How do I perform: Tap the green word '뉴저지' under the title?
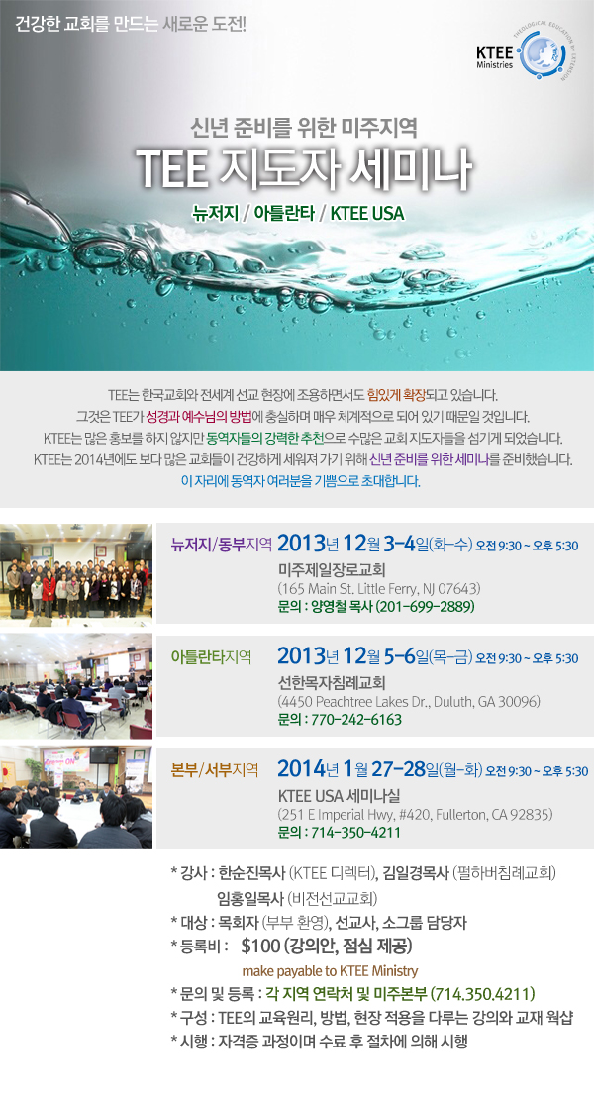216,213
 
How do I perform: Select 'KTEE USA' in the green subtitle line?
367,213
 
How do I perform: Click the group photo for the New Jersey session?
76,573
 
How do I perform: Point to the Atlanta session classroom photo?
76,686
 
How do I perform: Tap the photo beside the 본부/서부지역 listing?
76,798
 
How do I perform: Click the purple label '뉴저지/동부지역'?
222,545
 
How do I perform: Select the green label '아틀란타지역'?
212,657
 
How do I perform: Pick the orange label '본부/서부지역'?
215,770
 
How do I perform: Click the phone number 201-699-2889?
426,606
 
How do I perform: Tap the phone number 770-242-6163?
356,719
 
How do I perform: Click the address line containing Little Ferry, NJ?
379,588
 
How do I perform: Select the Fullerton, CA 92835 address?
416,815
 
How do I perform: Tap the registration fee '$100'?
260,947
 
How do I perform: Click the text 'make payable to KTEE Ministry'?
331,971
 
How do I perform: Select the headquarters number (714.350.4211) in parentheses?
483,994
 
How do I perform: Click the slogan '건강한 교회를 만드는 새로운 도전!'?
131,25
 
